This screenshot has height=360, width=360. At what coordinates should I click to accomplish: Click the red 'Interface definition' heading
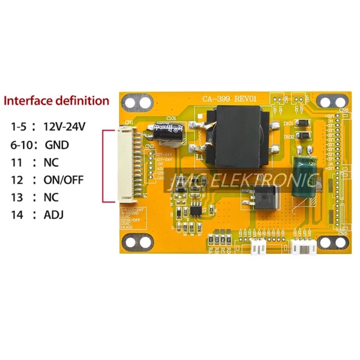(x=57, y=100)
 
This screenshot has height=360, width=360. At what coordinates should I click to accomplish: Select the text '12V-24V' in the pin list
(x=64, y=127)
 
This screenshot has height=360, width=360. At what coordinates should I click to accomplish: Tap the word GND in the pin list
(x=57, y=145)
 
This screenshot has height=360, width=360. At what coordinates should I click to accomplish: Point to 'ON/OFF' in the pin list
(x=63, y=180)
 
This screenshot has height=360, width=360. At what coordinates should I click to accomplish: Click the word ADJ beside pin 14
(x=53, y=214)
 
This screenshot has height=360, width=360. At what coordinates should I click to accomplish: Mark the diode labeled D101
(x=303, y=123)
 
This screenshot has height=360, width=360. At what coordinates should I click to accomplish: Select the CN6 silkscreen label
(x=343, y=110)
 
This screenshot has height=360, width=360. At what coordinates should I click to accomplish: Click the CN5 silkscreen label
(x=342, y=233)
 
